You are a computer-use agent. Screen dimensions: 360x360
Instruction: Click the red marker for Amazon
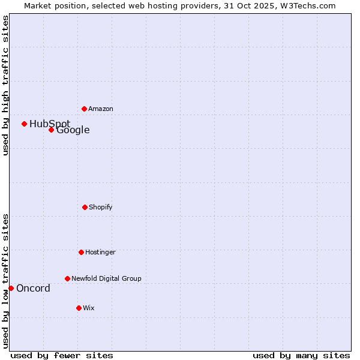pyautogui.click(x=84, y=109)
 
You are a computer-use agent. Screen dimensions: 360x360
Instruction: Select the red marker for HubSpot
pyautogui.click(x=24, y=124)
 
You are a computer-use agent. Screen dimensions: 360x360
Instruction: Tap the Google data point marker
pyautogui.click(x=51, y=130)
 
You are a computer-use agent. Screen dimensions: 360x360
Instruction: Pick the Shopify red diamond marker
pyautogui.click(x=85, y=207)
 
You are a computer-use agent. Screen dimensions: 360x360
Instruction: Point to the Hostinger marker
pyautogui.click(x=81, y=252)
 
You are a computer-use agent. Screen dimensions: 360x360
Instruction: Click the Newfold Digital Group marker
pyautogui.click(x=67, y=278)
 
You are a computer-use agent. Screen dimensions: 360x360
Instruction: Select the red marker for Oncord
pyautogui.click(x=11, y=288)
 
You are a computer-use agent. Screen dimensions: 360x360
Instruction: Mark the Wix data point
pyautogui.click(x=79, y=308)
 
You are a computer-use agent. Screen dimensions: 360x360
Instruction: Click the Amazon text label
pyautogui.click(x=101, y=109)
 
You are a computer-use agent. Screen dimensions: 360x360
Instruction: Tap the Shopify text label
pyautogui.click(x=101, y=207)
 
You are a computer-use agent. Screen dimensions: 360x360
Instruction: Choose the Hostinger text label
pyautogui.click(x=100, y=252)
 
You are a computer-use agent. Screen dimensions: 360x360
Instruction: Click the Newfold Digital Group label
pyautogui.click(x=107, y=278)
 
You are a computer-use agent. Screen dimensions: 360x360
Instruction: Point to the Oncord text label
pyautogui.click(x=33, y=289)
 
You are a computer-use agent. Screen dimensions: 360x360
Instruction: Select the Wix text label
pyautogui.click(x=89, y=308)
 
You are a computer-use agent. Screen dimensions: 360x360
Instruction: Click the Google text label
pyautogui.click(x=73, y=130)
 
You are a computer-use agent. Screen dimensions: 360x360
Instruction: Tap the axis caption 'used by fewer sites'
pyautogui.click(x=62, y=355)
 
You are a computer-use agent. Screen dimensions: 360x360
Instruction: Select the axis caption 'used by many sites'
pyautogui.click(x=301, y=355)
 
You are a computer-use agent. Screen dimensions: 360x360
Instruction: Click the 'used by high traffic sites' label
pyautogui.click(x=5, y=85)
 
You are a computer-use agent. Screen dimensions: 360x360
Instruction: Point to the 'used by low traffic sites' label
pyautogui.click(x=5, y=281)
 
